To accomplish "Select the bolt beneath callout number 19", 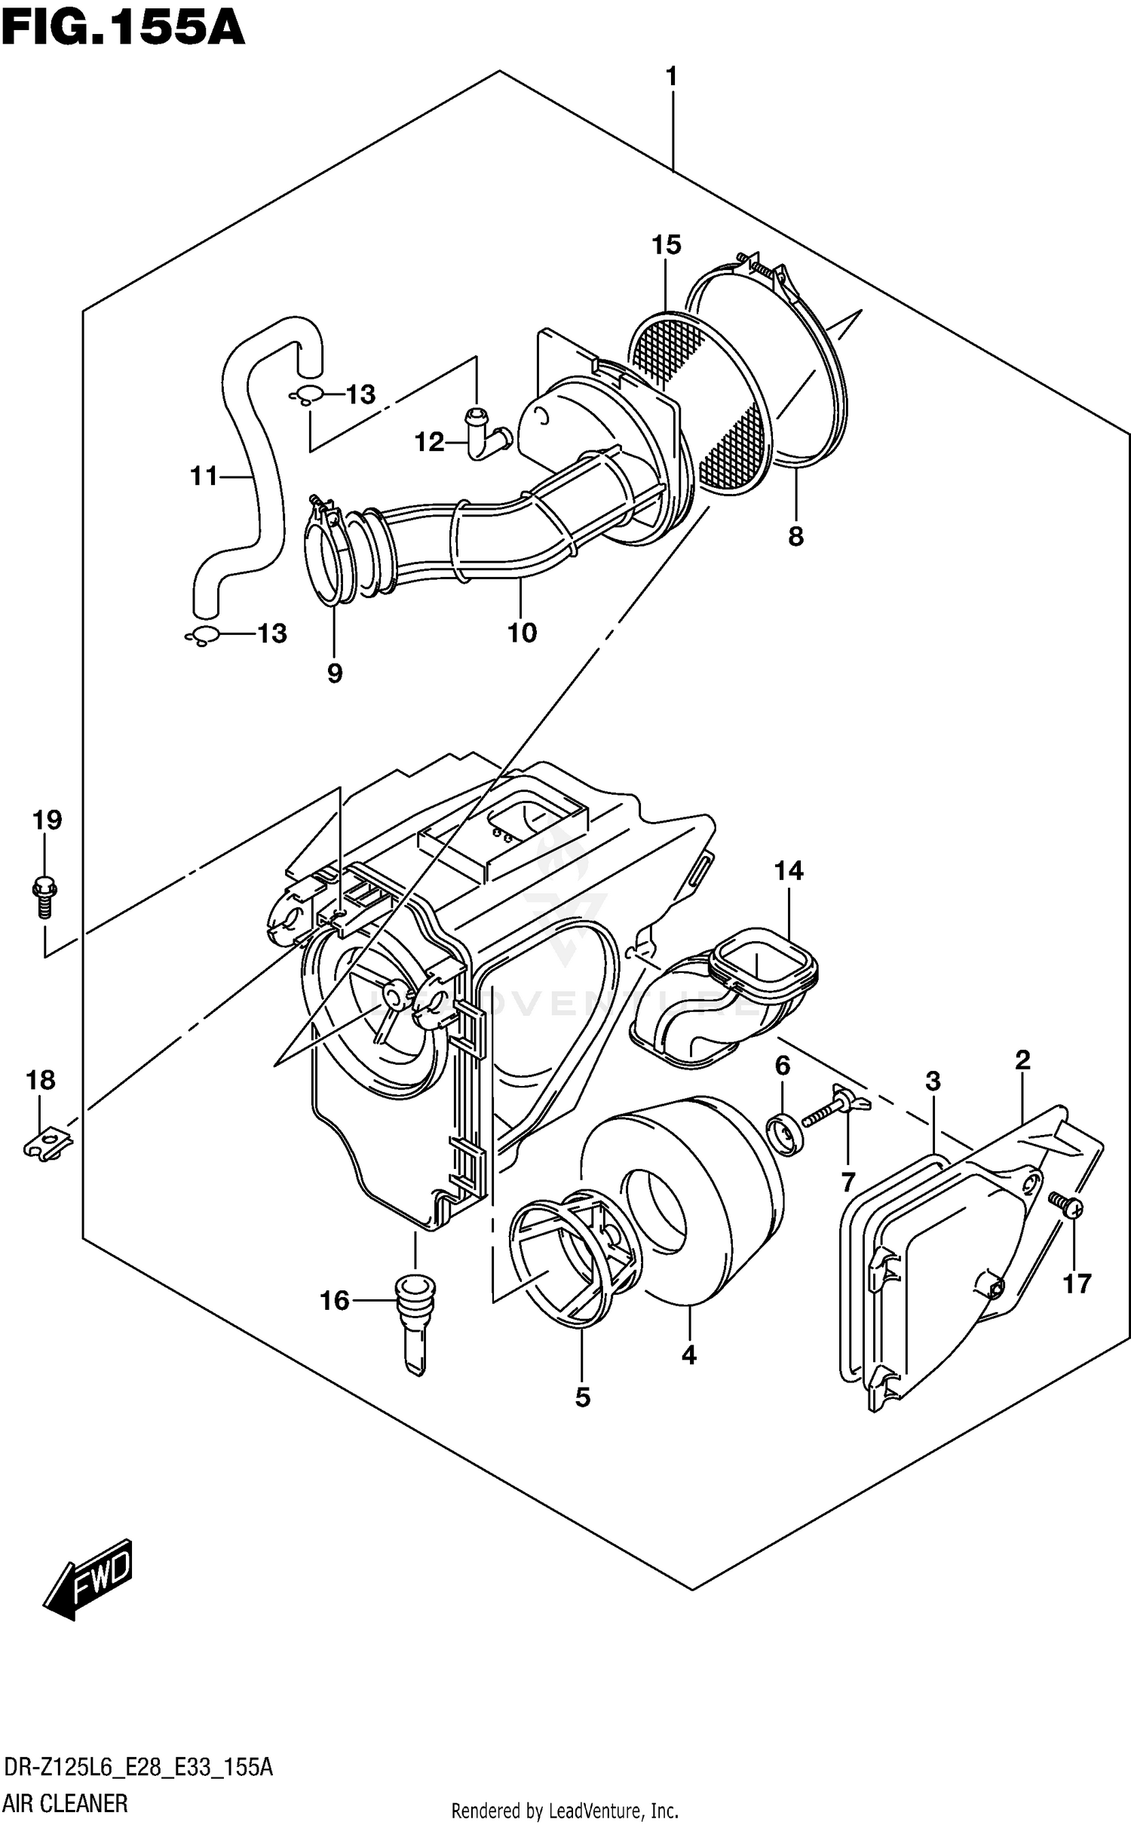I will (44, 896).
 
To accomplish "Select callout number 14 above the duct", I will (789, 871).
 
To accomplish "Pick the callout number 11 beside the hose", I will (204, 476).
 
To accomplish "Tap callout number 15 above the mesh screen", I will (666, 245).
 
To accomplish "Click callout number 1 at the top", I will (671, 77).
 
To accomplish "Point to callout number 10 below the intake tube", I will (522, 632).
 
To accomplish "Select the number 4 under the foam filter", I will (688, 1355).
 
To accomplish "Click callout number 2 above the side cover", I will (1022, 1060).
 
